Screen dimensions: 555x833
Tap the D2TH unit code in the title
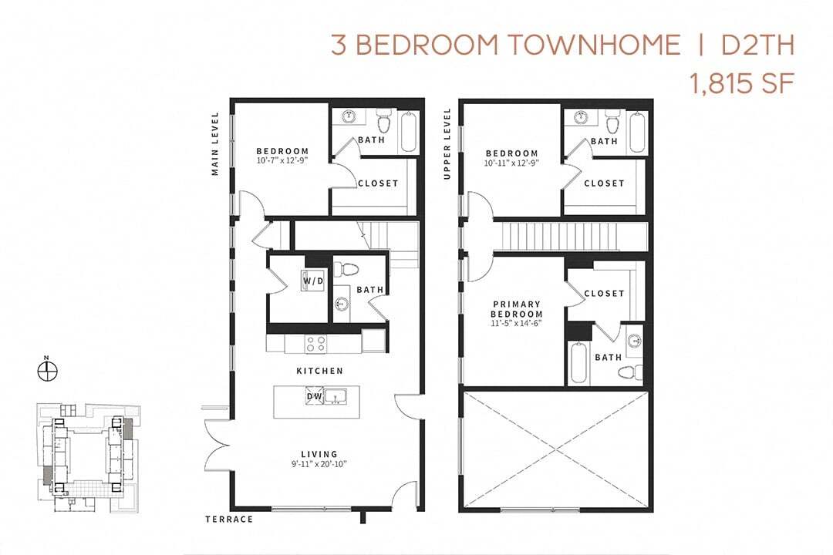[757, 45]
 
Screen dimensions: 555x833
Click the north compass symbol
[48, 371]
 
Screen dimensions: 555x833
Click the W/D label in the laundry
[313, 281]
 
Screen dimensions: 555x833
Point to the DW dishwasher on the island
[314, 396]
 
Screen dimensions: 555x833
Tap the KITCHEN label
[319, 371]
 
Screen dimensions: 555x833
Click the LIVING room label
[319, 454]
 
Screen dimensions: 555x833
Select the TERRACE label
[229, 520]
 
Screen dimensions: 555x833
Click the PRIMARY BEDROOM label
[517, 309]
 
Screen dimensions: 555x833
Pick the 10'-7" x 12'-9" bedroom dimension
[282, 161]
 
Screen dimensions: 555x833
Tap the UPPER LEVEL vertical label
[447, 144]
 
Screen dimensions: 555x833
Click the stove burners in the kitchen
[315, 344]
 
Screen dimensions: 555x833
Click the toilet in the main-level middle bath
[350, 270]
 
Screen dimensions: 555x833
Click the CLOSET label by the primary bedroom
[604, 294]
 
